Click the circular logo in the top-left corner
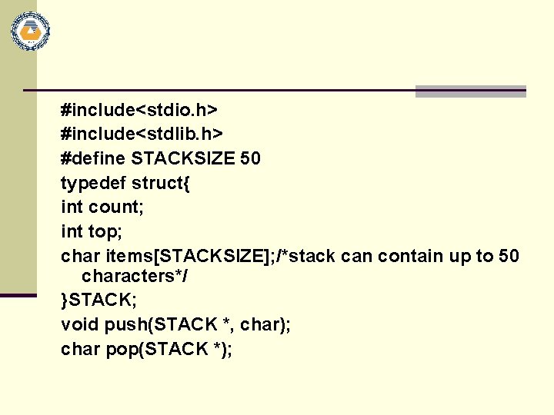30,32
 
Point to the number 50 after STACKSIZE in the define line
250,158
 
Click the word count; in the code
115,207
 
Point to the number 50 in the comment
509,255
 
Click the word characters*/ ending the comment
135,275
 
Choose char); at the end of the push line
265,324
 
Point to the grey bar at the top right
470,91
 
